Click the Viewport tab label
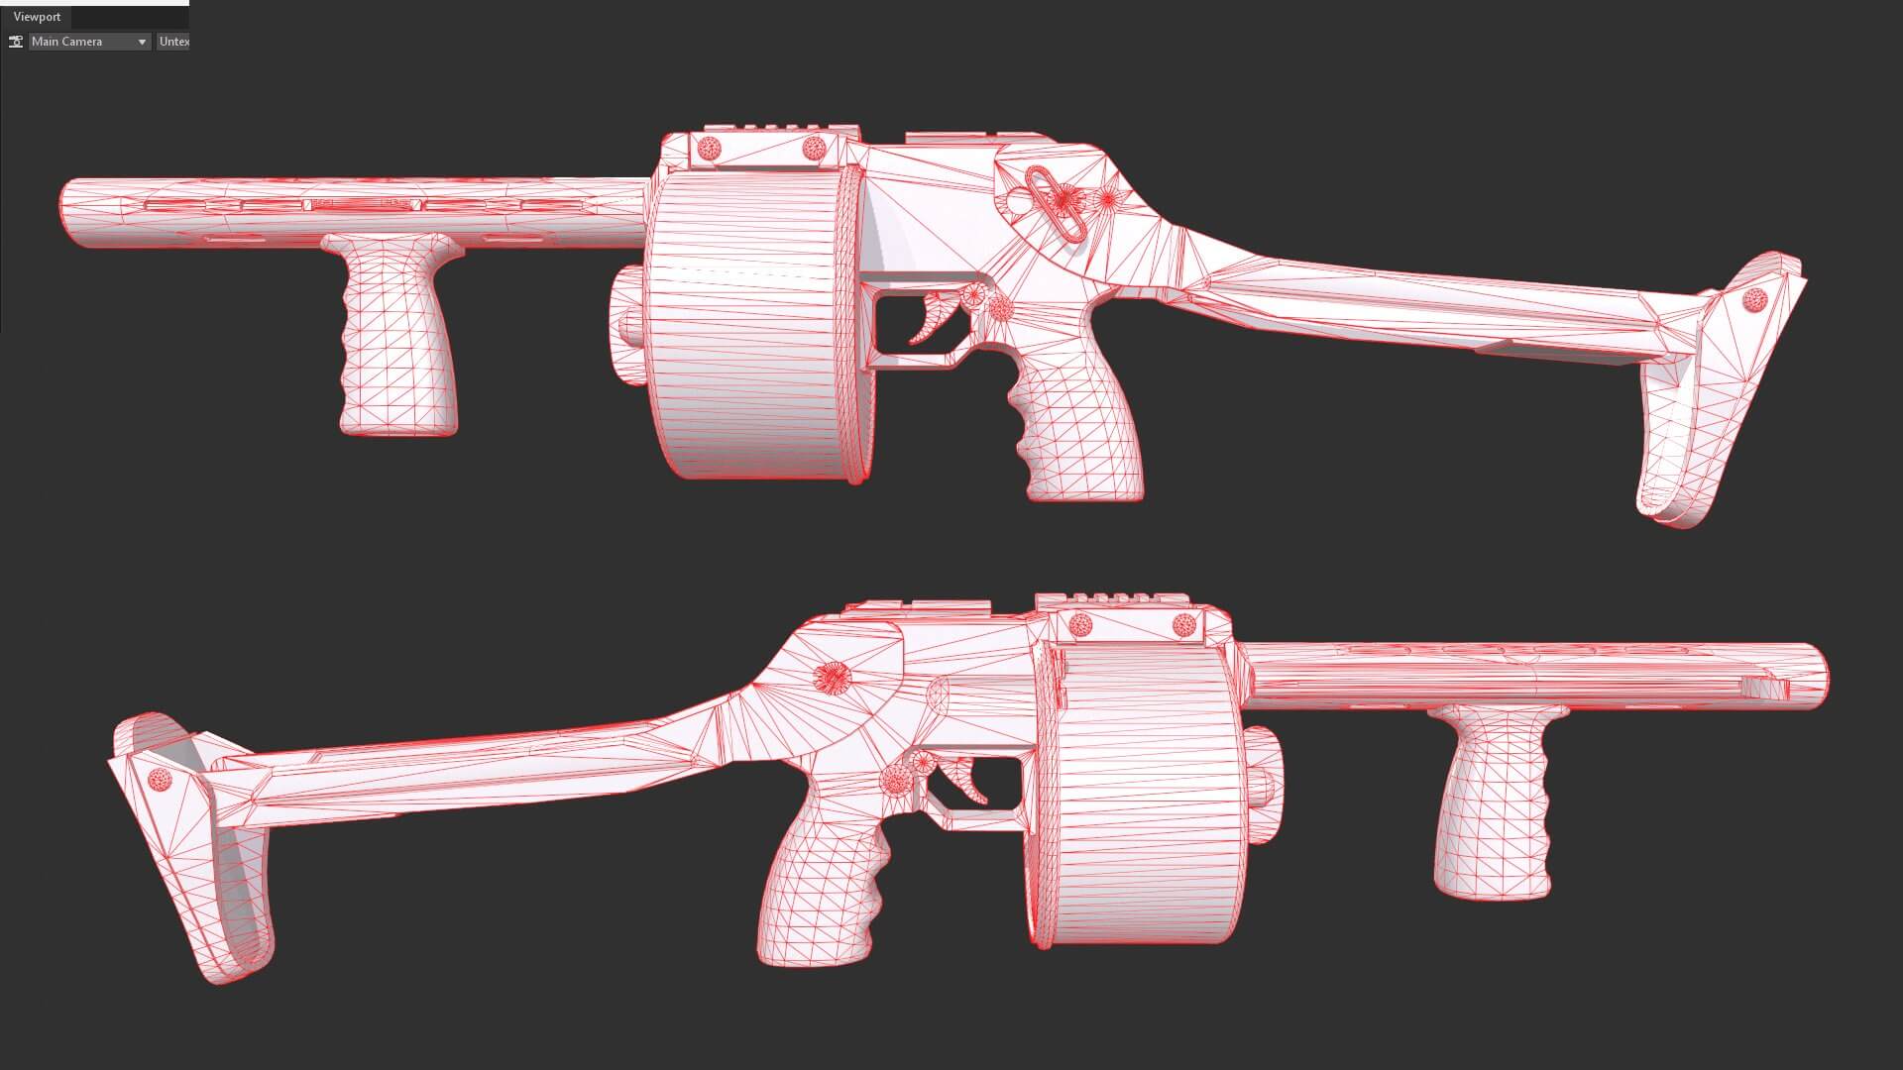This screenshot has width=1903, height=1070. pos(37,17)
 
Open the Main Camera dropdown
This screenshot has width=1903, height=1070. pos(89,42)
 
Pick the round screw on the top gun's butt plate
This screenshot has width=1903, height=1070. pos(1754,297)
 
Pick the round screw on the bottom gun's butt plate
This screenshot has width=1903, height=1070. pos(160,780)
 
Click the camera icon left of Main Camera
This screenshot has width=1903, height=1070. pos(16,42)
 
